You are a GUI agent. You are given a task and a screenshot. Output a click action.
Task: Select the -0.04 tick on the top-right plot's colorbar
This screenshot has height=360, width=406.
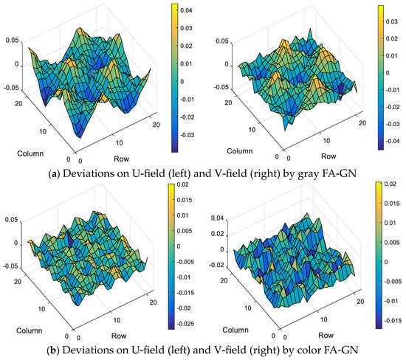[393, 146]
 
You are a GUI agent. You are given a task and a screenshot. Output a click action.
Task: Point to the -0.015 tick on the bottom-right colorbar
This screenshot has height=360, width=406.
[393, 320]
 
